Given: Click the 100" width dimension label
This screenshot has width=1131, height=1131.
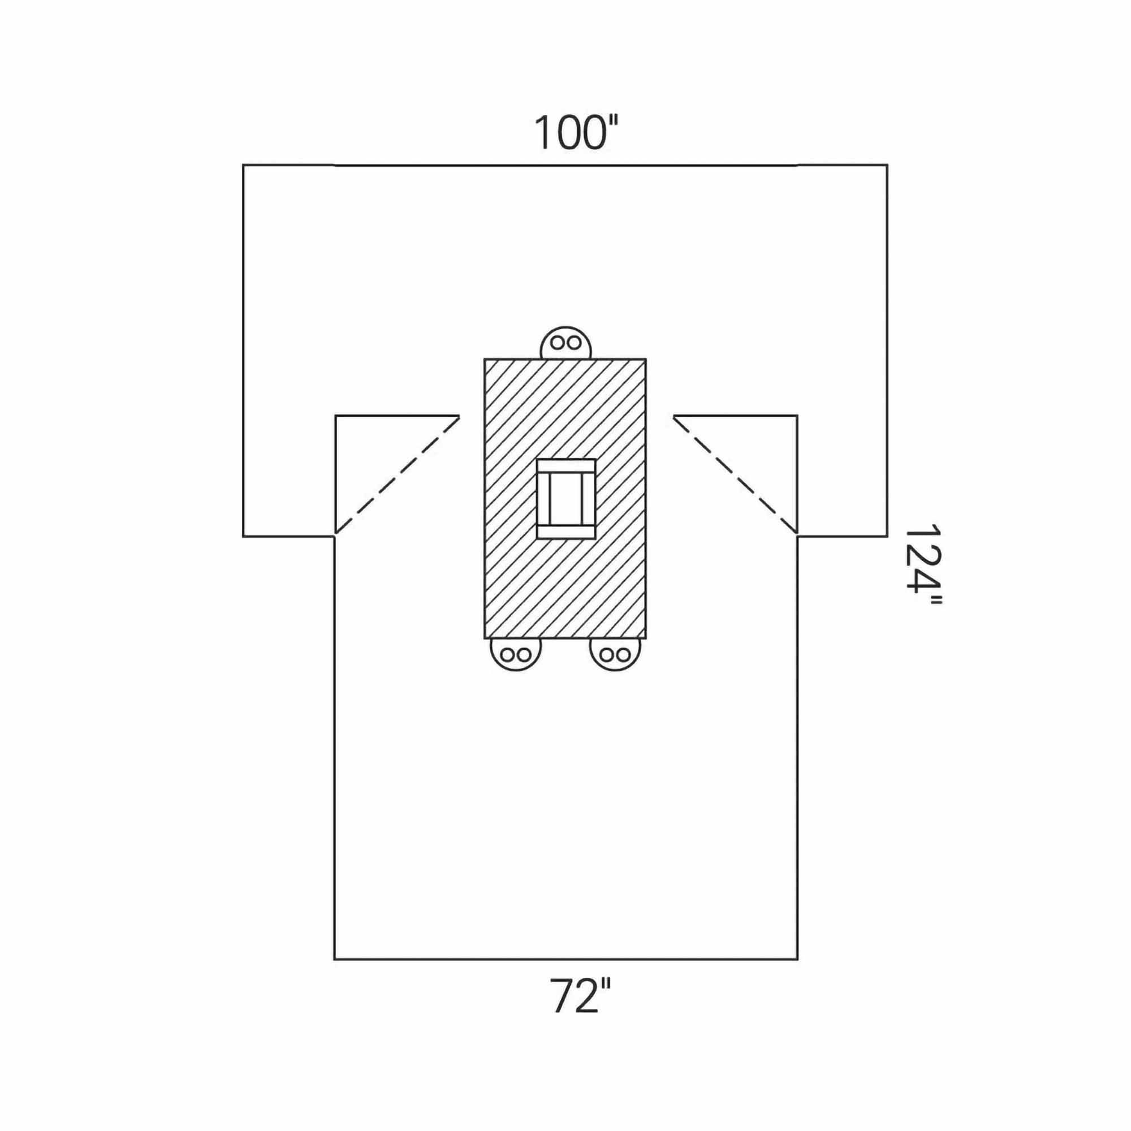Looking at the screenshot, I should click(x=577, y=133).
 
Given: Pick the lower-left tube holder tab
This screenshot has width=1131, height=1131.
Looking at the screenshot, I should click(x=516, y=653).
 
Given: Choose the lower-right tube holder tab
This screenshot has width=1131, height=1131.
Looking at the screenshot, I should click(x=615, y=653).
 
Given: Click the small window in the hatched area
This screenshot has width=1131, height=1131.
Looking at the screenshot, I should click(x=566, y=499).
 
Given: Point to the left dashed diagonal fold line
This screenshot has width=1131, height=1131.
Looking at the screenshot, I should click(x=397, y=476).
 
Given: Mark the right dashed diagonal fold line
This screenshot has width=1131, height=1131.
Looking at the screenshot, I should click(x=735, y=476).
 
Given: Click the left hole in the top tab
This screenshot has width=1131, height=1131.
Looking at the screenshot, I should click(x=559, y=343).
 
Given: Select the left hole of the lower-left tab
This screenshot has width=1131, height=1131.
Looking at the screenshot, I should click(x=508, y=654).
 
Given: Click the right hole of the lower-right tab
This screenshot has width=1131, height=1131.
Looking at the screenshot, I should click(x=623, y=654).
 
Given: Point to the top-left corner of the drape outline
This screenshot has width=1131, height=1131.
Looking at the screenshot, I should click(x=244, y=166).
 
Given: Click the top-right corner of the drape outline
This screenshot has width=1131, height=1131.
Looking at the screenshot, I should click(x=887, y=166).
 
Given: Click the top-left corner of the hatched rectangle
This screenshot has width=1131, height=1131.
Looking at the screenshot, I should click(x=485, y=360).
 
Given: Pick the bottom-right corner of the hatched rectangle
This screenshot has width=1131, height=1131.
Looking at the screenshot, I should click(x=646, y=638).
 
